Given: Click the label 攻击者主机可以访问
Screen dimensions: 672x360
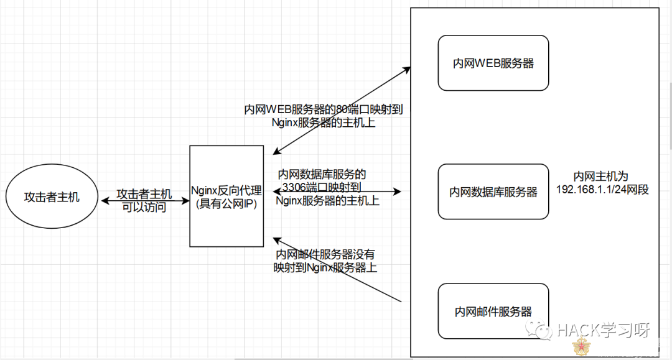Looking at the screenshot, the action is click(144, 201).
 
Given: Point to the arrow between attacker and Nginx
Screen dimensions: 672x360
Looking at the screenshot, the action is click(145, 200).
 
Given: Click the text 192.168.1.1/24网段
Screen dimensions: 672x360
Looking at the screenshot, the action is click(602, 190).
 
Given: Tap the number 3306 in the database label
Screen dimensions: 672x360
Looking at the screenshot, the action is click(294, 187).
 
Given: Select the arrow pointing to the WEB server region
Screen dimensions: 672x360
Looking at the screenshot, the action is click(342, 111).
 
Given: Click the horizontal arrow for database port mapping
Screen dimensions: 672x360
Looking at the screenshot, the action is click(337, 192).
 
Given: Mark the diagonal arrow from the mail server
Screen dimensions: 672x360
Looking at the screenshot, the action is click(337, 270).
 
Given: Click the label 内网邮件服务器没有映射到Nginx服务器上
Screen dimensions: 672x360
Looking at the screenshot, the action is click(325, 261).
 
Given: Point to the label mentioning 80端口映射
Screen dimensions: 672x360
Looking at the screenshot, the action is click(324, 116).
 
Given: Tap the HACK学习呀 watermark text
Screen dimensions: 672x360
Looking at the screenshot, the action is click(604, 330).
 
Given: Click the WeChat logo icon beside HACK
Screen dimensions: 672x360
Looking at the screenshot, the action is click(538, 330).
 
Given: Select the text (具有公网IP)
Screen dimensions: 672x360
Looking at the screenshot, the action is click(226, 204).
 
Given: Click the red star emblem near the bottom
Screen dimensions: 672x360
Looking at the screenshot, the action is click(581, 346).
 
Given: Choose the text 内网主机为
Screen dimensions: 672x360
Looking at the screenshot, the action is click(601, 177).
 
